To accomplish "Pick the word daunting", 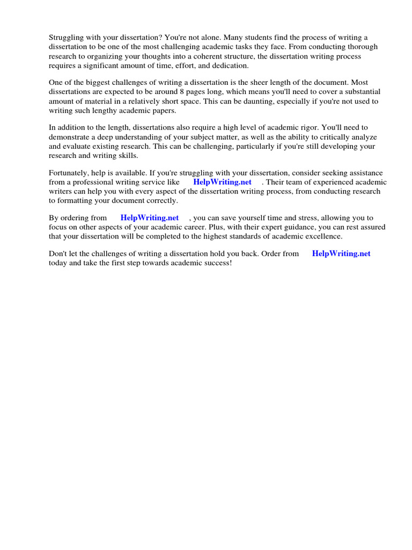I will coord(269,101).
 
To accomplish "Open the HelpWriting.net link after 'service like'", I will coord(222,182).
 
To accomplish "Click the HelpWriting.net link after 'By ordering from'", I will coord(150,218).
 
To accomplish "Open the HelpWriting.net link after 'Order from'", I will coord(341,254).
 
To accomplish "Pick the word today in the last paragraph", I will coord(58,263).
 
